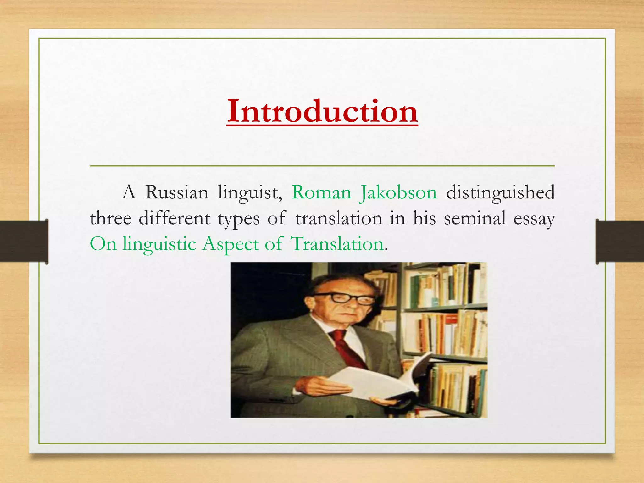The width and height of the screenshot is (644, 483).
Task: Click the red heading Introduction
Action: click(x=322, y=111)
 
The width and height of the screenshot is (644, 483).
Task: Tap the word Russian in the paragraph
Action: click(x=177, y=192)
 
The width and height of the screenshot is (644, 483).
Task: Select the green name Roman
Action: click(x=321, y=192)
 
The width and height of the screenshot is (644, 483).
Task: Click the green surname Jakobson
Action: click(x=398, y=193)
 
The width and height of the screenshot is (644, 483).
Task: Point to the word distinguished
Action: click(x=500, y=193)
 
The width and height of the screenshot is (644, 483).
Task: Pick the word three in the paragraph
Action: click(x=110, y=218)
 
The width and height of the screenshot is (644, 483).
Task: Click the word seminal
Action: click(x=475, y=218)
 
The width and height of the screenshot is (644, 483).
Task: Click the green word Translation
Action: click(x=337, y=244)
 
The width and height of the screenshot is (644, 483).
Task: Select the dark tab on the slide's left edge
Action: click(x=24, y=241)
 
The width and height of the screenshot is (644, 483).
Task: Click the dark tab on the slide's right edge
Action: click(x=619, y=241)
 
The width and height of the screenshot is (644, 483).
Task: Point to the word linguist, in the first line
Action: click(x=250, y=193)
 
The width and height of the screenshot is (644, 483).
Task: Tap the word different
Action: click(x=175, y=218)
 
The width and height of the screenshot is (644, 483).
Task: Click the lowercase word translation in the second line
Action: click(x=339, y=218)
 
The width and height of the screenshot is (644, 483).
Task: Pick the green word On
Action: click(x=103, y=244)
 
